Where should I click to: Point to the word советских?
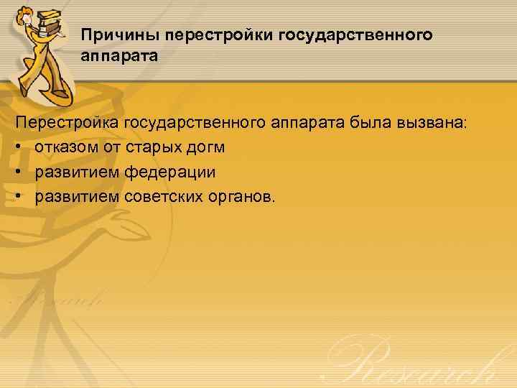[x=162, y=197]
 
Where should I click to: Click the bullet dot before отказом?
[x=19, y=148]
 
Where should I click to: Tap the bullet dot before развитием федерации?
[x=19, y=172]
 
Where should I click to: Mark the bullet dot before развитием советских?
[x=19, y=197]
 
